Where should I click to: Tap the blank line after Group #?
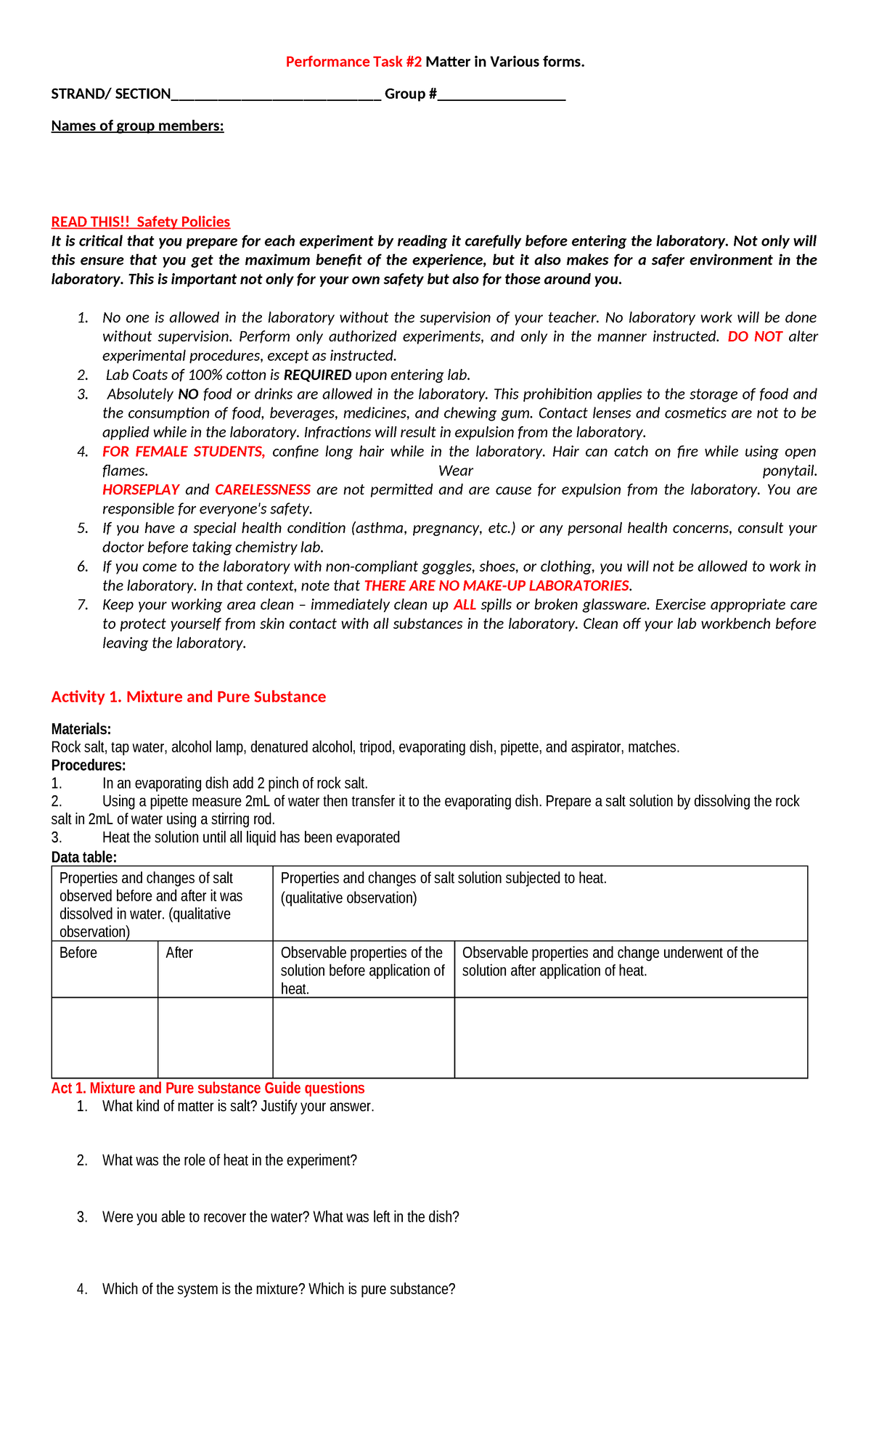pyautogui.click(x=502, y=95)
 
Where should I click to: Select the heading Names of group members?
pyautogui.click(x=137, y=126)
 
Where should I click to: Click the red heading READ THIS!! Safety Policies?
pyautogui.click(x=140, y=222)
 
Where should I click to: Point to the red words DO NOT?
pyautogui.click(x=755, y=337)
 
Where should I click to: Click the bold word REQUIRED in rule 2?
pyautogui.click(x=317, y=375)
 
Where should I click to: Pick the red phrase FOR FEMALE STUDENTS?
pyautogui.click(x=184, y=452)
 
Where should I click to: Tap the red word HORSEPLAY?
pyautogui.click(x=141, y=490)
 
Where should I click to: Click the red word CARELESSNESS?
pyautogui.click(x=263, y=490)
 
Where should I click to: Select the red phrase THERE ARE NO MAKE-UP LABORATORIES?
pyautogui.click(x=496, y=586)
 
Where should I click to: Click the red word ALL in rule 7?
pyautogui.click(x=465, y=605)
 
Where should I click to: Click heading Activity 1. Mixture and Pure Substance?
pyautogui.click(x=189, y=697)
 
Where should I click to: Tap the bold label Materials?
pyautogui.click(x=81, y=729)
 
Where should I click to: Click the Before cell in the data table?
pyautogui.click(x=78, y=953)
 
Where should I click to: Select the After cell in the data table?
pyautogui.click(x=179, y=953)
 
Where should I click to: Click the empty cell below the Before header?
pyautogui.click(x=105, y=1037)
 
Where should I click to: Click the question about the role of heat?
pyautogui.click(x=229, y=1160)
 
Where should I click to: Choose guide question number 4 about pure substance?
pyautogui.click(x=279, y=1289)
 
